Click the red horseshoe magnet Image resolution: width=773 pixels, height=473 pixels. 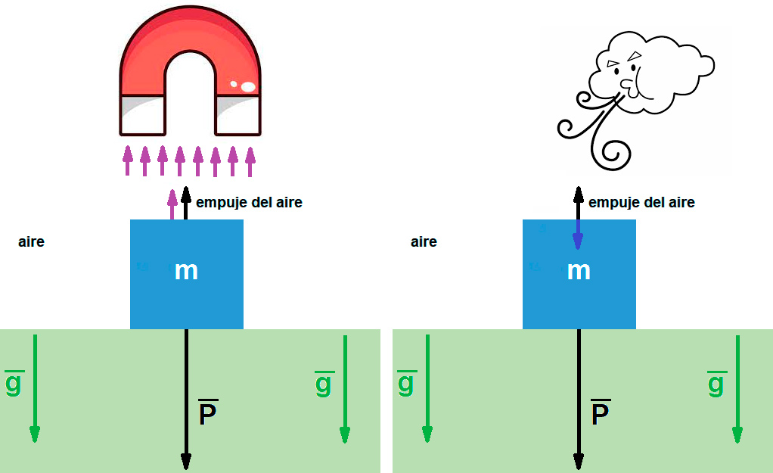pyautogui.click(x=189, y=45)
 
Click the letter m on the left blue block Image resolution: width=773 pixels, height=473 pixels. pyautogui.click(x=186, y=271)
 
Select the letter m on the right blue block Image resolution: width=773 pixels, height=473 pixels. pyautogui.click(x=579, y=271)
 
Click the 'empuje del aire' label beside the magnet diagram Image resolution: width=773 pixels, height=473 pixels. pyautogui.click(x=249, y=203)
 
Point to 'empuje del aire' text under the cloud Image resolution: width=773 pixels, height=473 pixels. pyautogui.click(x=641, y=203)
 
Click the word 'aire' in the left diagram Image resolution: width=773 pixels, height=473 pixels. pyautogui.click(x=31, y=242)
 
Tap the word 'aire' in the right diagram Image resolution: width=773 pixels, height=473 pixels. pyautogui.click(x=424, y=242)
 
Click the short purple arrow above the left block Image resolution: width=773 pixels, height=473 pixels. pyautogui.click(x=172, y=204)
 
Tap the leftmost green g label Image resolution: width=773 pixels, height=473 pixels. pyautogui.click(x=14, y=383)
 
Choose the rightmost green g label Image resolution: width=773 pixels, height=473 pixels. pyautogui.click(x=716, y=383)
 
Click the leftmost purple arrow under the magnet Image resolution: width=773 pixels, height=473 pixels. pyautogui.click(x=128, y=160)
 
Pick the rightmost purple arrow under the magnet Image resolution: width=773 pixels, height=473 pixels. pyautogui.click(x=250, y=160)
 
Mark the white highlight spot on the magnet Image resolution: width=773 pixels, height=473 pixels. pyautogui.click(x=247, y=86)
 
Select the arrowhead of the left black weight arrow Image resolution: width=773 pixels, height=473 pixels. pyautogui.click(x=186, y=461)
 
